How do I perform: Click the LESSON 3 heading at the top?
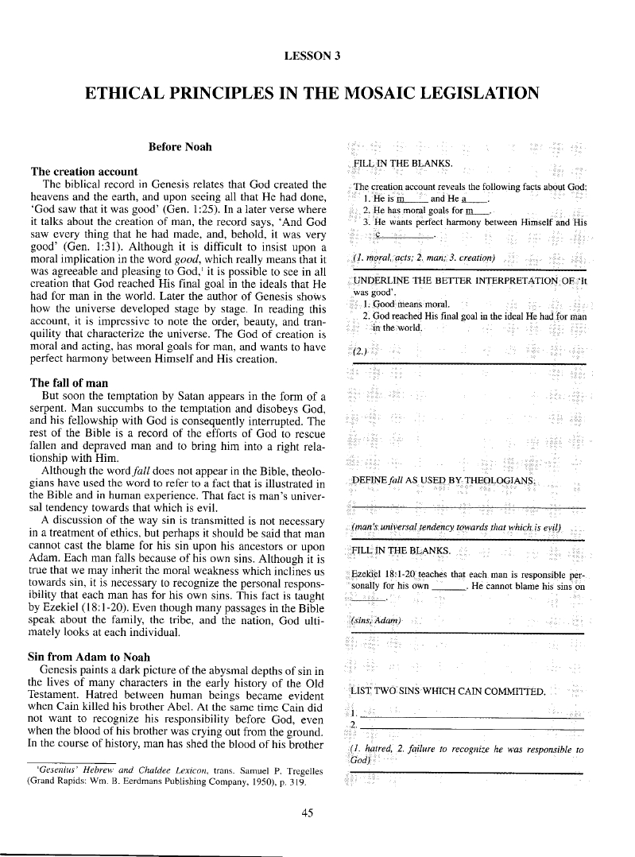pos(316,56)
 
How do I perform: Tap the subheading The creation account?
pos(83,172)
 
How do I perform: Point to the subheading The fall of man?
pos(69,383)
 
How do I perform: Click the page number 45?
pos(316,812)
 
